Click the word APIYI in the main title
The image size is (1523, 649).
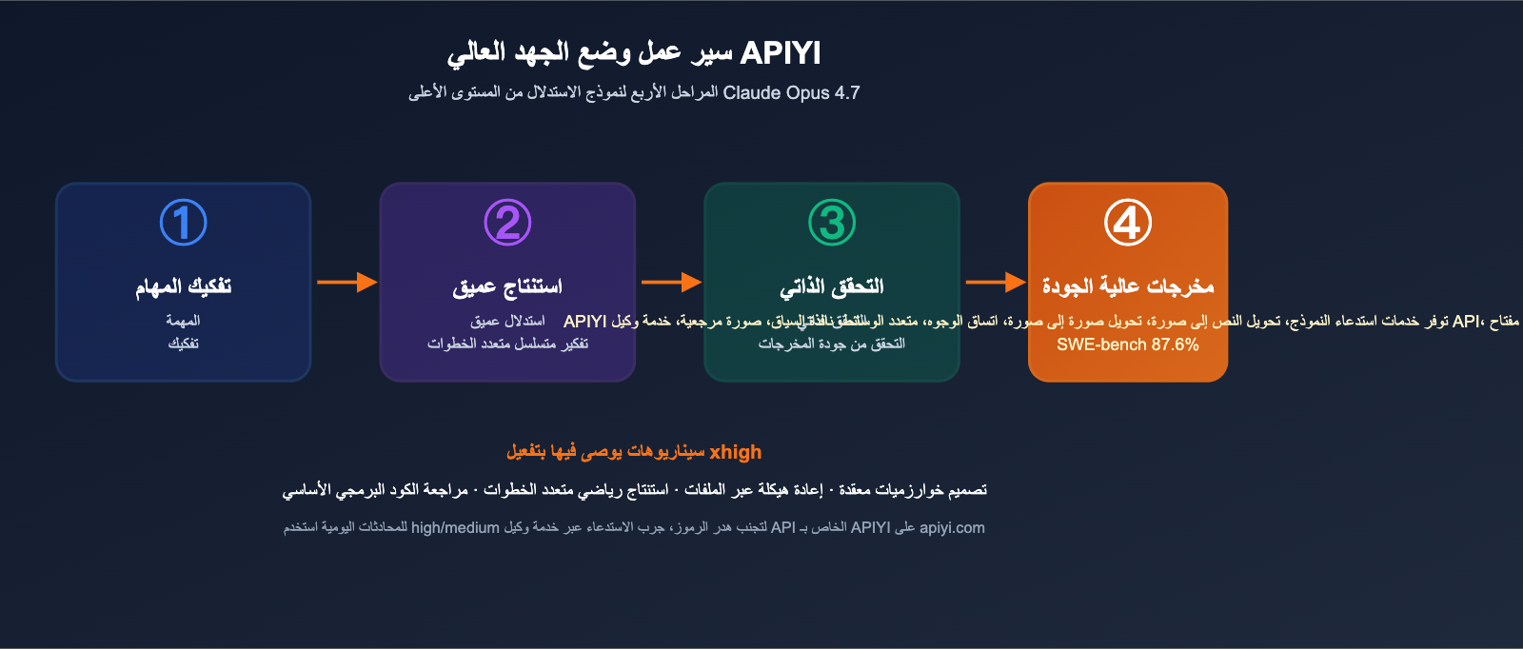[x=780, y=53]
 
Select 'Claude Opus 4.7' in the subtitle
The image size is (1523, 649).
[x=791, y=92]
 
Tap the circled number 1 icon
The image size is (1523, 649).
[x=183, y=223]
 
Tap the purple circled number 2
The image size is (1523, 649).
[x=507, y=223]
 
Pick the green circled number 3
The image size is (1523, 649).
[x=832, y=223]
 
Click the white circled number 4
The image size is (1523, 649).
[x=1128, y=223]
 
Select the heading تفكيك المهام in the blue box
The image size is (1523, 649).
[x=183, y=286]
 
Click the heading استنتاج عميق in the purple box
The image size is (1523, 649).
[x=507, y=286]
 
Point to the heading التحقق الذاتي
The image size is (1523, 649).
[x=832, y=286]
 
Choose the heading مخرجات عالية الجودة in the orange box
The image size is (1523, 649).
[x=1128, y=286]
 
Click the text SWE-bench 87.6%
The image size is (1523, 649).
[x=1128, y=344]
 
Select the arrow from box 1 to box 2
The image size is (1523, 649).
[x=346, y=282]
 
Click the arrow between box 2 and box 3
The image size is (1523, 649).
[x=671, y=282]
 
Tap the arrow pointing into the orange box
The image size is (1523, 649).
[x=995, y=282]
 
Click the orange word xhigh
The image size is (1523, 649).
[x=736, y=452]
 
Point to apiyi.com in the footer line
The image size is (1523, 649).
[x=952, y=527]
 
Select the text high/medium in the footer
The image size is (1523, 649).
[x=455, y=527]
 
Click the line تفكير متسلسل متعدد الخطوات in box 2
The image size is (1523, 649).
[x=507, y=344]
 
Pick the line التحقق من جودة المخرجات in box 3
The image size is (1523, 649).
[x=832, y=344]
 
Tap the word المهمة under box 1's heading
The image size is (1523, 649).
[x=183, y=321]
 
